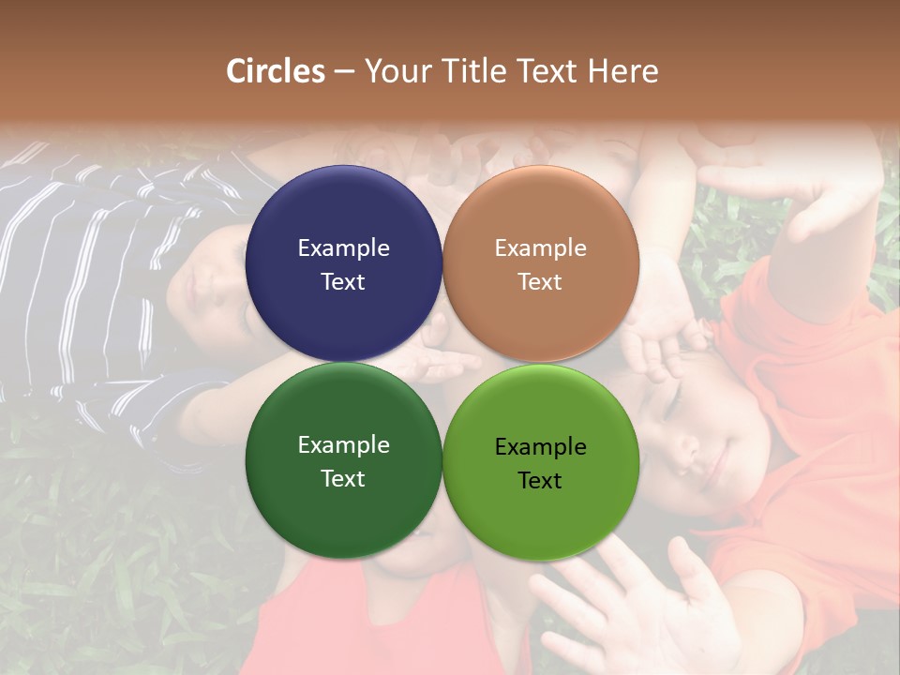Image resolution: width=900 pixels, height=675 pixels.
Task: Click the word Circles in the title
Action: coord(276,71)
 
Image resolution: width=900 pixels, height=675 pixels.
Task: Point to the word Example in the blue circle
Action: coord(343,248)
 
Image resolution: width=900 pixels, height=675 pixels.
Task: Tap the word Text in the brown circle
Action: coord(540,282)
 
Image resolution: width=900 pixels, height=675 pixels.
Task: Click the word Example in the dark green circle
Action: coord(343,445)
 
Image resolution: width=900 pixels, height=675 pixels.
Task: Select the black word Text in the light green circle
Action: coord(540,481)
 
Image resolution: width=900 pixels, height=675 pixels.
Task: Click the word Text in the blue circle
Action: coord(343,282)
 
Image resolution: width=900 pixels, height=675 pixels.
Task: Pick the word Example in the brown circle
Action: coord(540,248)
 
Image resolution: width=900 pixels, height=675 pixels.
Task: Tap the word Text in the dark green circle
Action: coord(343,479)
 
